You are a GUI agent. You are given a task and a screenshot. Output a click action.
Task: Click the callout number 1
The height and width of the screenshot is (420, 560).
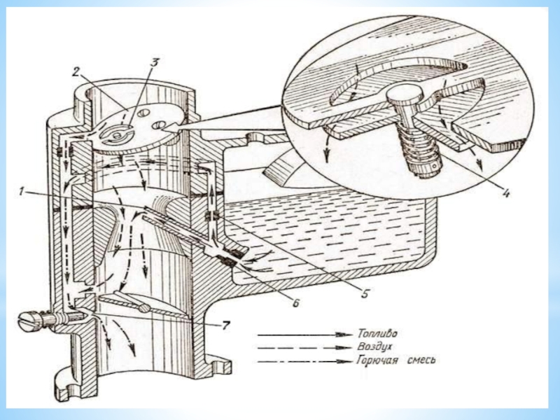click(22, 192)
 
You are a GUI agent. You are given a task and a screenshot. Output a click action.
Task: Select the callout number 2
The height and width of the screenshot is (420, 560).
click(76, 72)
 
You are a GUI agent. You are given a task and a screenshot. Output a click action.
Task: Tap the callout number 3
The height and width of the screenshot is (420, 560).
click(154, 62)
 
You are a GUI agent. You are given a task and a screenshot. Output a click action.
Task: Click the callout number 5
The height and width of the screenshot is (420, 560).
click(364, 293)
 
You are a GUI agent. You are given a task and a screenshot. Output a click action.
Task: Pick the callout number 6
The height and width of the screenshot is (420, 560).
click(295, 303)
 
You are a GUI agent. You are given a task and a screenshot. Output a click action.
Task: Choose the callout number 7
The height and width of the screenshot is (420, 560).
click(225, 325)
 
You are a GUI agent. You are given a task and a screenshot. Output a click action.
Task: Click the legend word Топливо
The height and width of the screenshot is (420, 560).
click(377, 334)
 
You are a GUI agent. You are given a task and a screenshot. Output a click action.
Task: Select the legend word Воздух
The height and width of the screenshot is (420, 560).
click(374, 346)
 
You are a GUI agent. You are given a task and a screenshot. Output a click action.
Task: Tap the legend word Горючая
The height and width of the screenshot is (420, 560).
click(377, 360)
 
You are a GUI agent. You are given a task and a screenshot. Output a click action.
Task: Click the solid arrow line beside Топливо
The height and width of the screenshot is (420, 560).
click(304, 335)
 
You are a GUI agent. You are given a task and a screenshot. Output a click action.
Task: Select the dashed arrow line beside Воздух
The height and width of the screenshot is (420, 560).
click(304, 347)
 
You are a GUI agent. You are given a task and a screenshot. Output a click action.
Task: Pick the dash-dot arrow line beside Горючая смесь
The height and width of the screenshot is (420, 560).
click(304, 361)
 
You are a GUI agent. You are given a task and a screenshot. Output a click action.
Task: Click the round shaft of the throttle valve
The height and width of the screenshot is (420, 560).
click(144, 307)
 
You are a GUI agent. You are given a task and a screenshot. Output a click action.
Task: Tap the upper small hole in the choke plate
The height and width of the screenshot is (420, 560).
click(144, 113)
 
